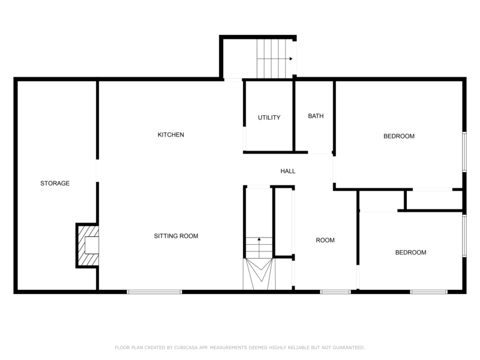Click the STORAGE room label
[x=55, y=183]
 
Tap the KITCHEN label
[x=170, y=135]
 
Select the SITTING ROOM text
[x=176, y=236]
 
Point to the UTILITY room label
[x=269, y=118]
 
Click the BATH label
[x=316, y=116]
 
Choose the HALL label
[x=288, y=172]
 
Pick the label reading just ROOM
[x=325, y=241]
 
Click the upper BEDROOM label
[x=399, y=136]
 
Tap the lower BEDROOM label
[x=410, y=253]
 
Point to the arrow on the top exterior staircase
[x=290, y=59]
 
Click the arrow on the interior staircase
[x=259, y=239]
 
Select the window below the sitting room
[x=154, y=292]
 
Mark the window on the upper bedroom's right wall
[x=464, y=151]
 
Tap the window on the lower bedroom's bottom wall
[x=428, y=292]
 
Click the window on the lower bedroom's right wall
[x=464, y=235]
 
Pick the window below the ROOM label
[x=335, y=292]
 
